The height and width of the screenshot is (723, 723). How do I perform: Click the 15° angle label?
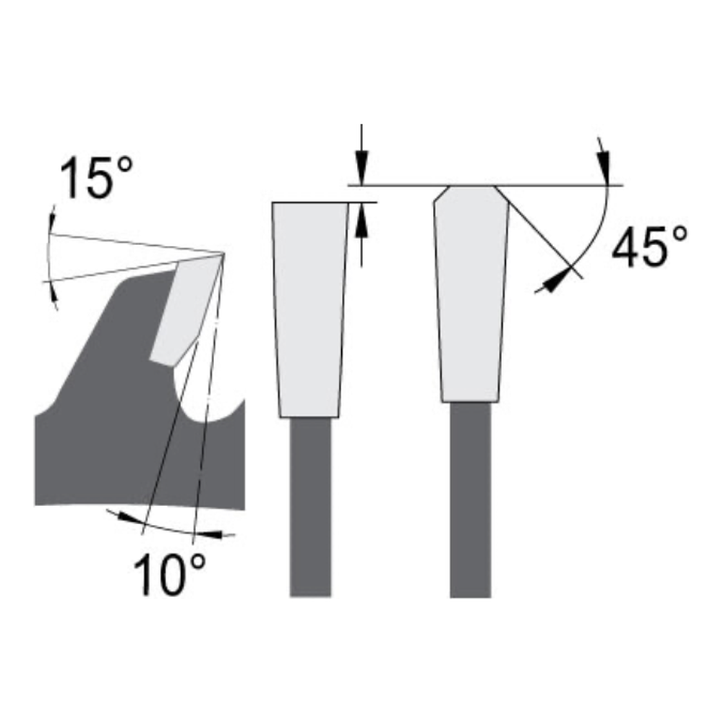click(96, 179)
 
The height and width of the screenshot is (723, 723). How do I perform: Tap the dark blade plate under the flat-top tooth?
click(311, 506)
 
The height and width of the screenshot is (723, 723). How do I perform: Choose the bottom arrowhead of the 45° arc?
click(553, 283)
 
